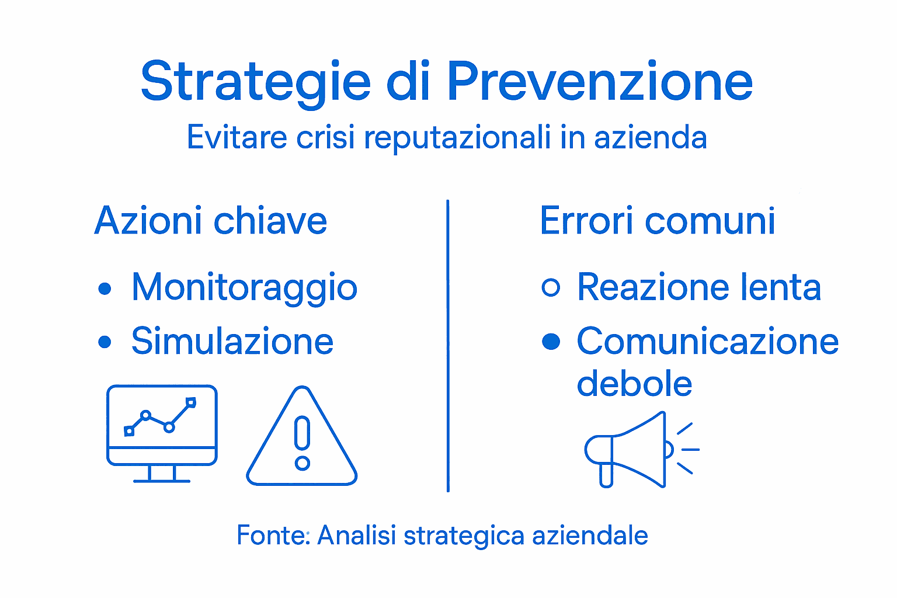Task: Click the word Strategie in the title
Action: pyautogui.click(x=255, y=82)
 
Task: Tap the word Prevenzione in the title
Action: pyautogui.click(x=600, y=82)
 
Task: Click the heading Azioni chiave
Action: pyautogui.click(x=210, y=221)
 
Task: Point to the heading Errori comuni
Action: pyautogui.click(x=658, y=221)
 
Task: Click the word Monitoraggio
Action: pyautogui.click(x=244, y=287)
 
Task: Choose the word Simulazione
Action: pyautogui.click(x=232, y=341)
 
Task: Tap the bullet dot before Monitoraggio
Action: pyautogui.click(x=105, y=288)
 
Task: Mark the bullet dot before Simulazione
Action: pyautogui.click(x=105, y=342)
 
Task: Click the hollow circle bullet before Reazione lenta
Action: pyautogui.click(x=551, y=287)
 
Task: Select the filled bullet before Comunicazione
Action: pyautogui.click(x=551, y=342)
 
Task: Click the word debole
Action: pyautogui.click(x=634, y=384)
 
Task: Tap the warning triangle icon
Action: pyautogui.click(x=302, y=441)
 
